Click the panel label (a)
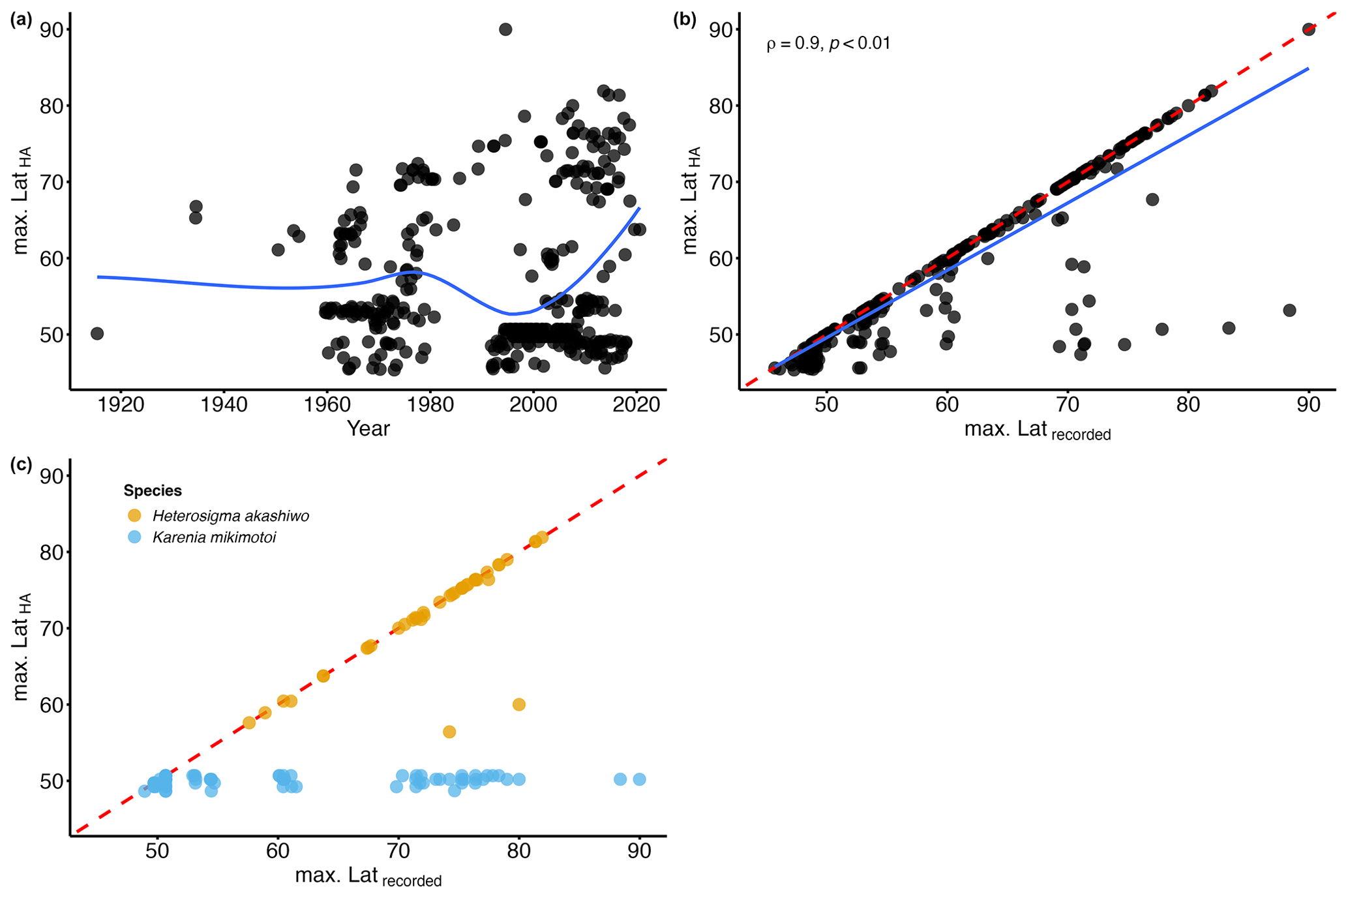click(21, 20)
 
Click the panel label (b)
click(685, 20)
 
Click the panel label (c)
click(21, 466)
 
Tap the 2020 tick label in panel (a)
click(637, 404)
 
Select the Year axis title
click(368, 428)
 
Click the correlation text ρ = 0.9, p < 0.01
click(828, 44)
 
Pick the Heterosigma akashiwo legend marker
click(134, 516)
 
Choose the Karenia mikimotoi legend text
click(214, 538)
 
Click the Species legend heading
click(153, 490)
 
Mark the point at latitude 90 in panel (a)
click(505, 29)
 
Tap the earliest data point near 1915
click(97, 334)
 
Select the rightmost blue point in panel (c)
click(639, 779)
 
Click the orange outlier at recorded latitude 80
click(518, 704)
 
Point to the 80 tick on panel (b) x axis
click(1188, 404)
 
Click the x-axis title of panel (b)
click(1037, 430)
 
